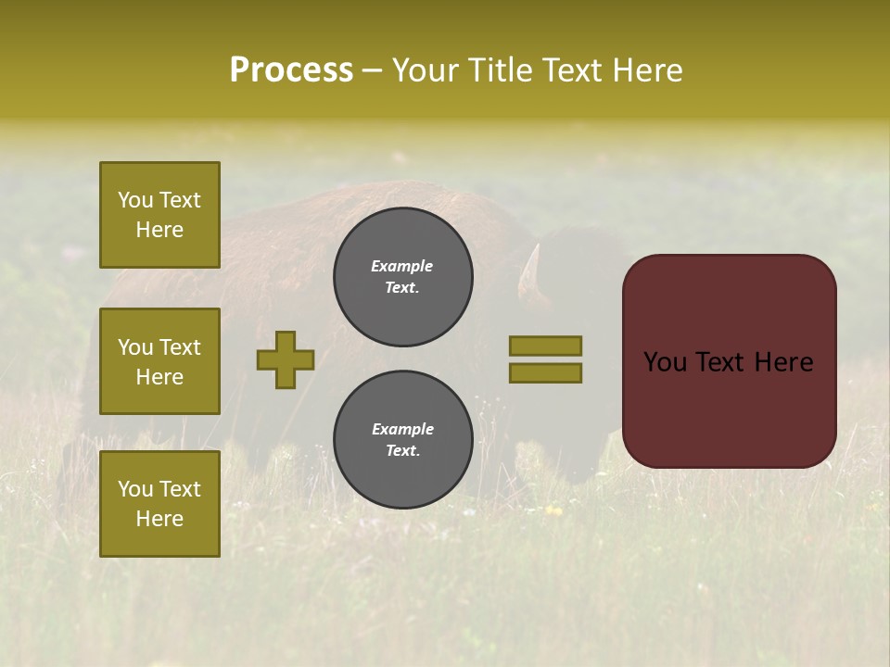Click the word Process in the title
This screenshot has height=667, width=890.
click(x=291, y=70)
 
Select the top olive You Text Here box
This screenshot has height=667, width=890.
click(x=159, y=215)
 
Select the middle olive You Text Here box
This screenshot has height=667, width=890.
click(x=159, y=361)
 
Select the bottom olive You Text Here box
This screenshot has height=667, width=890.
click(x=159, y=504)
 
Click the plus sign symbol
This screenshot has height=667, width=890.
click(x=286, y=359)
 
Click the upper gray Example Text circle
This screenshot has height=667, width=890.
click(x=402, y=277)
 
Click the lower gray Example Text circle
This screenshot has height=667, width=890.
click(x=402, y=440)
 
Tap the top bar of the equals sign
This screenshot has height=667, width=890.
click(x=545, y=346)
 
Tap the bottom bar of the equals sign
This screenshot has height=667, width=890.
click(x=545, y=372)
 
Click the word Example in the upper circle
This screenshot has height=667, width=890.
click(x=402, y=266)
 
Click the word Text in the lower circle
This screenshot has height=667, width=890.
click(x=402, y=451)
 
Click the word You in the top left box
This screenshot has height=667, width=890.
click(x=135, y=200)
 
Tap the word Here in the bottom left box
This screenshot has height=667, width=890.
click(x=159, y=519)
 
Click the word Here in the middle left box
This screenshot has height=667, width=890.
click(x=159, y=377)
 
